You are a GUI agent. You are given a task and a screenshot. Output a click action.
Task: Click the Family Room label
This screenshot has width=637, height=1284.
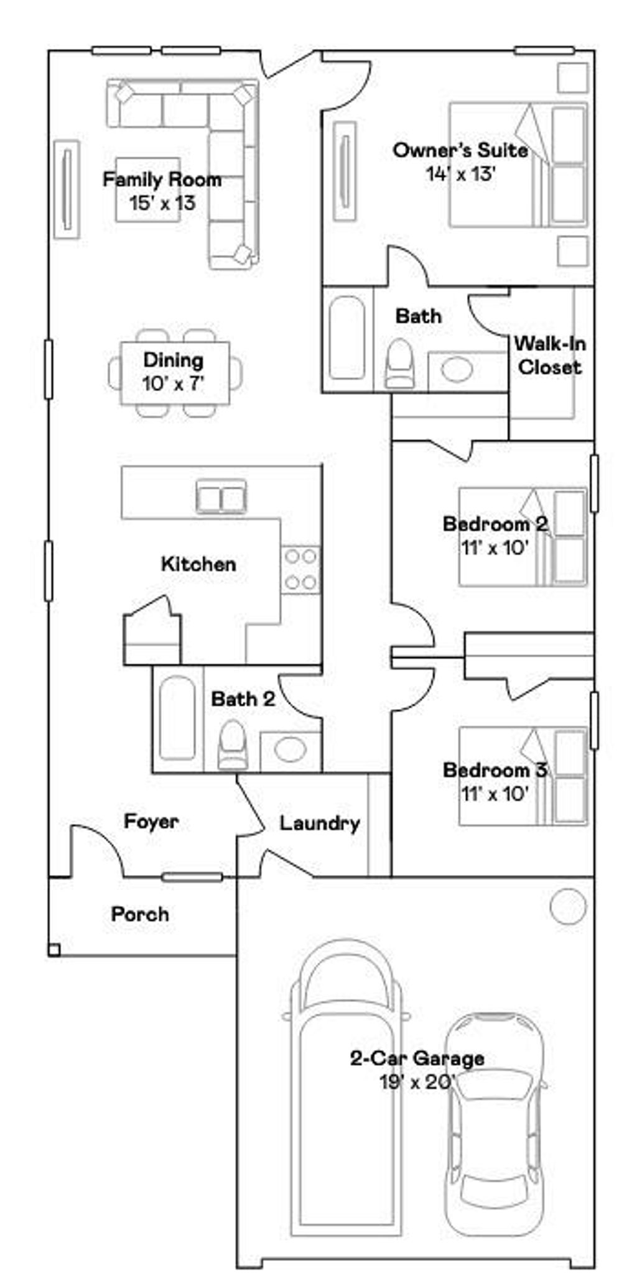point(162,180)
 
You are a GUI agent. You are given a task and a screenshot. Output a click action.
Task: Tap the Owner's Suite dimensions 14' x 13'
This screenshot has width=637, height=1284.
point(460,174)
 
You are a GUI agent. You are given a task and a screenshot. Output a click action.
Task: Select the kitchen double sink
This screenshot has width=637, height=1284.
point(221,497)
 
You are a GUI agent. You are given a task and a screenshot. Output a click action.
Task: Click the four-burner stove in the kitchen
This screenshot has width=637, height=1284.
point(300,569)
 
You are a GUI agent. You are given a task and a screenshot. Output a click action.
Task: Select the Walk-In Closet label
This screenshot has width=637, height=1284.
point(550,355)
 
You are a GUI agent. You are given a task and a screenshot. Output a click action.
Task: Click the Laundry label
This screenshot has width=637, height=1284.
point(319,823)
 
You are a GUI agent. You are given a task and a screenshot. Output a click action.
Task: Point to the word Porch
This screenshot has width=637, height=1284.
point(140,914)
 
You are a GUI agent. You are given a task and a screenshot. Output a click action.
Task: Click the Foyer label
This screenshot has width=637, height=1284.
point(151,821)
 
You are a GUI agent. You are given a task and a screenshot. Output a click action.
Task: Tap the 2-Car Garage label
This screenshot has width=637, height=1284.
point(417,1058)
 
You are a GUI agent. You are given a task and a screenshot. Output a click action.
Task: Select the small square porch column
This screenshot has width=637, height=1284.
point(54,950)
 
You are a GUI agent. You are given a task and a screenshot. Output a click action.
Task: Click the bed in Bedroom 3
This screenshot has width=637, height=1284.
point(523,777)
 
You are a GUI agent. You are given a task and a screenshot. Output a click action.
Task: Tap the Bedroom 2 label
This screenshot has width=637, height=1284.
point(495,524)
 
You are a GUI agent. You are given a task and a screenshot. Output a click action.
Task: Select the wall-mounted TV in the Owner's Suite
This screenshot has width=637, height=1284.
point(345,171)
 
